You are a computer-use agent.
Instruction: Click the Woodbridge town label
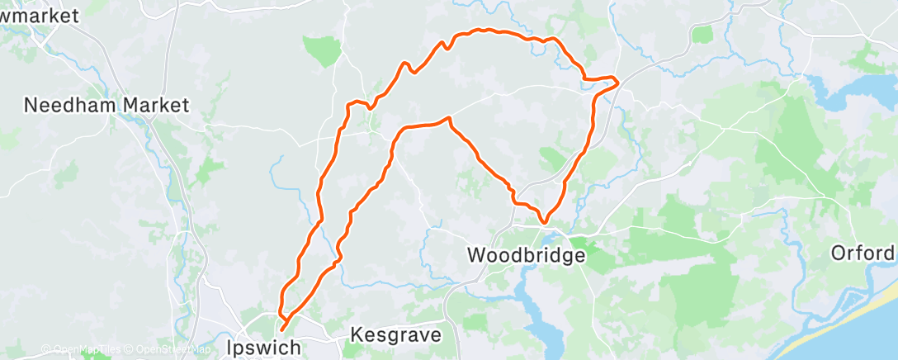(527, 255)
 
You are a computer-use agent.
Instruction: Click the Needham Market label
(106, 105)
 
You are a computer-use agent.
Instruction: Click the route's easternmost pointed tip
(617, 78)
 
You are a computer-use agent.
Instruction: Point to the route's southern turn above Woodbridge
(545, 221)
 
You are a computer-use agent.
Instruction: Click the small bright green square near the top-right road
(702, 34)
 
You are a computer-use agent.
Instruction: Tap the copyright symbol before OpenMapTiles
(45, 349)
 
